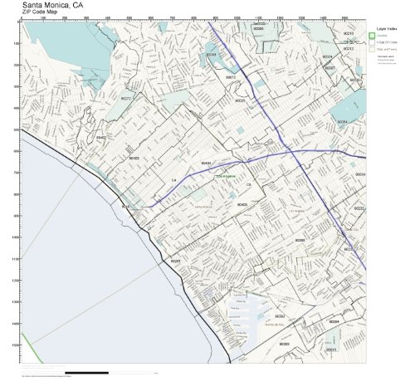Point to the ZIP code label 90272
(126, 98)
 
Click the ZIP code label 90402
(101, 137)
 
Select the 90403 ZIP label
(134, 158)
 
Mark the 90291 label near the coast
(175, 261)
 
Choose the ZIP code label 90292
(280, 316)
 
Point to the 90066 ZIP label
(300, 240)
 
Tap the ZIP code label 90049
(211, 55)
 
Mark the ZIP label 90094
(334, 320)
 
